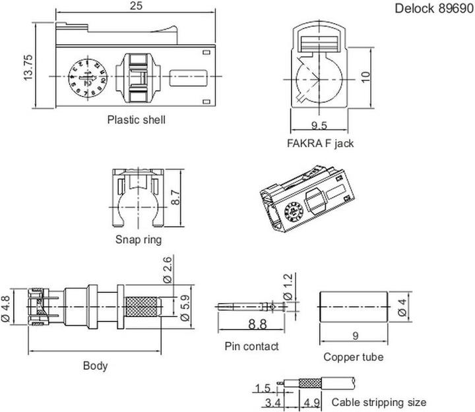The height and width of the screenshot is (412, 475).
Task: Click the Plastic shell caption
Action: (x=136, y=120)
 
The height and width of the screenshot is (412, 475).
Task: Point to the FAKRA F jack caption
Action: (x=320, y=143)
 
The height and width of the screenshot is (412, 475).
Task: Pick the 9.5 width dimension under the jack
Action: (x=319, y=125)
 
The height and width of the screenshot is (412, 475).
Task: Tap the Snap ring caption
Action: (x=138, y=239)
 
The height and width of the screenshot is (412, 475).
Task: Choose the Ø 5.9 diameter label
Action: (x=187, y=308)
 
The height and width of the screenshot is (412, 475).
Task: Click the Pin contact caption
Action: (x=251, y=346)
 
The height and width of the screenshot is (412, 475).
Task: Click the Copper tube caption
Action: (x=353, y=357)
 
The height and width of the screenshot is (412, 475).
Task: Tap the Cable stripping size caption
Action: (x=379, y=401)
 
